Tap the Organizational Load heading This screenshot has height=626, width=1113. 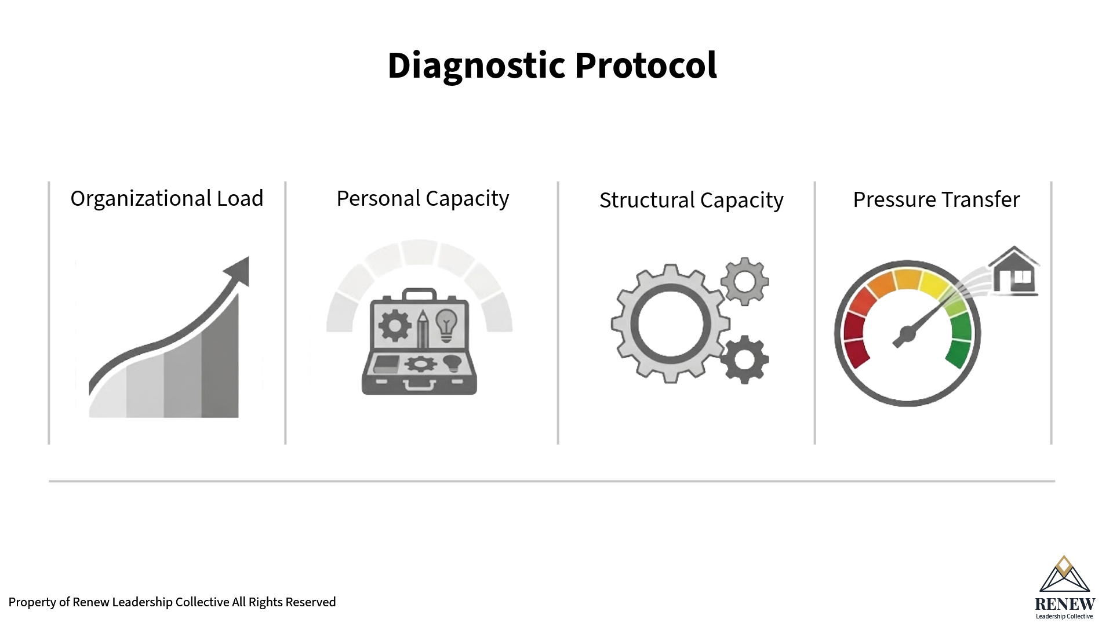[x=167, y=199]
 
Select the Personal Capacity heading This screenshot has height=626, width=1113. [x=423, y=199]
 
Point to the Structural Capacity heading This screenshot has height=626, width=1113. [x=691, y=201]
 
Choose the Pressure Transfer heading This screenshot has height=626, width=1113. [x=936, y=200]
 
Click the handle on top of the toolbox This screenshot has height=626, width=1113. [x=419, y=294]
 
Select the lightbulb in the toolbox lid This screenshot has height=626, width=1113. [x=446, y=325]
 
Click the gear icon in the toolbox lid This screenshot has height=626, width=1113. [x=395, y=325]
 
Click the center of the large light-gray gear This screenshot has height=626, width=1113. [x=670, y=323]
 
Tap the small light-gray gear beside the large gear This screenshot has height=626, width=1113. [x=745, y=282]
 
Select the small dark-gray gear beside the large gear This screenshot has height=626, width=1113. [x=745, y=359]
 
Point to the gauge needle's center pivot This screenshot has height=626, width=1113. [x=907, y=334]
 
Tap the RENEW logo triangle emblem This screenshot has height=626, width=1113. [x=1064, y=575]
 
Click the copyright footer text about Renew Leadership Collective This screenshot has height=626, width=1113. [x=172, y=602]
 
